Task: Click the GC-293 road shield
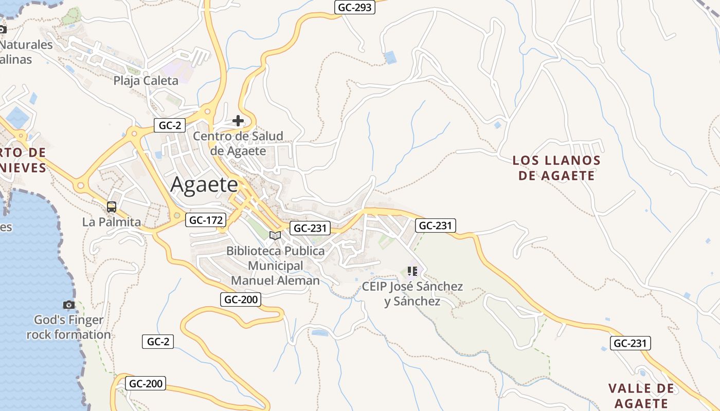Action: point(355,8)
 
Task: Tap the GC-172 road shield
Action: point(206,220)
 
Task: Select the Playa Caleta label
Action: point(146,81)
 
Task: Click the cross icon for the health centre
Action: point(238,121)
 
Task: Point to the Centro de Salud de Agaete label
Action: point(238,143)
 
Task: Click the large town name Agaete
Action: point(204,184)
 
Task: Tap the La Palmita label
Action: point(112,222)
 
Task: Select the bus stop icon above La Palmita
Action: point(112,207)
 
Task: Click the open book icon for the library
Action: point(275,235)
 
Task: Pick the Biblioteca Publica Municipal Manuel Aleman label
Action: point(276,266)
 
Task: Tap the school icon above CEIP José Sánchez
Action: point(412,271)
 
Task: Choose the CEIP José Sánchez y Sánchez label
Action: point(412,294)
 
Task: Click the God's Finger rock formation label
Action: point(69,327)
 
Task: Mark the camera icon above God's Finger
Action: point(69,305)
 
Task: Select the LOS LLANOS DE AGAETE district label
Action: point(556,168)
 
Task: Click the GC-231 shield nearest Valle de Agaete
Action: point(631,344)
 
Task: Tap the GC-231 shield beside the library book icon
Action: point(310,229)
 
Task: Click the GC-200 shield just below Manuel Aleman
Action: point(241,300)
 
